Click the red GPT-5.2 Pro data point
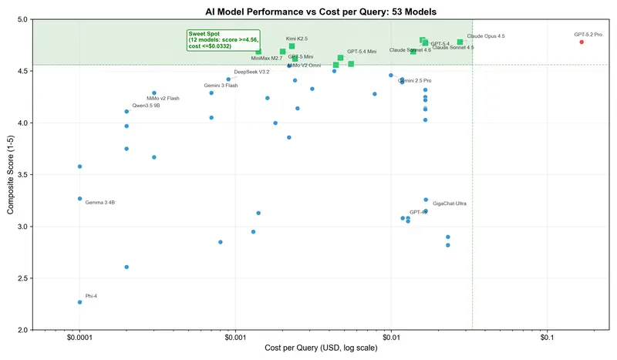[582, 42]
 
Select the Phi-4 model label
[91, 296]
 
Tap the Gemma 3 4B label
[99, 202]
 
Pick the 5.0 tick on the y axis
[23, 19]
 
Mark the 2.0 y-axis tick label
[23, 330]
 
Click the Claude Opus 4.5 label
[486, 36]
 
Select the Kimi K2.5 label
[297, 38]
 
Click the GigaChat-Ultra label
[449, 204]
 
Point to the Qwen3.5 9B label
[146, 105]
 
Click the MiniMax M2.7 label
[267, 58]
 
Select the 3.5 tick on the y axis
[23, 175]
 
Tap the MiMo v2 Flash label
[163, 98]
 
